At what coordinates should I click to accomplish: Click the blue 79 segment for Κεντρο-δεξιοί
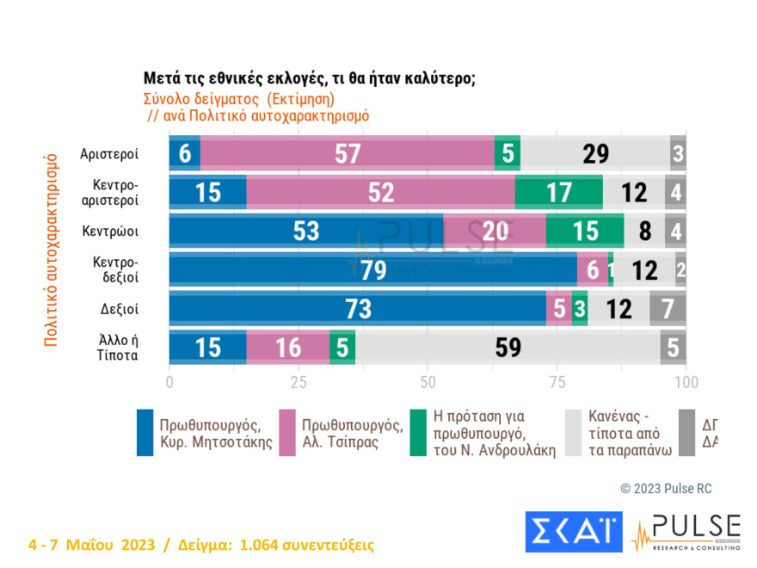[x=372, y=269]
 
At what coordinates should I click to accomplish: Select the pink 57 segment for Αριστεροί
[x=347, y=154]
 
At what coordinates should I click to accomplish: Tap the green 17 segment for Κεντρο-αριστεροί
[x=558, y=192]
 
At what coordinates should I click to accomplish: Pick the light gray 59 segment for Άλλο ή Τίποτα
[x=508, y=347]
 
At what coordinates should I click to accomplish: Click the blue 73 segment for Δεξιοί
[x=357, y=308]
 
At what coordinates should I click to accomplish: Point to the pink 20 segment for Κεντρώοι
[x=495, y=231]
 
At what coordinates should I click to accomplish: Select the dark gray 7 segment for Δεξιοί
[x=668, y=308]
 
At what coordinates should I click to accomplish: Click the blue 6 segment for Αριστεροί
[x=184, y=154]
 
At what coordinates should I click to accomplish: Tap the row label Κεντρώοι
[x=110, y=231]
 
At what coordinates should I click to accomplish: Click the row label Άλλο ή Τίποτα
[x=117, y=347]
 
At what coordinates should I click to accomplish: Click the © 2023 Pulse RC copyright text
[x=666, y=488]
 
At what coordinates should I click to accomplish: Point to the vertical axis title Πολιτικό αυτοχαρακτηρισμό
[x=51, y=250]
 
